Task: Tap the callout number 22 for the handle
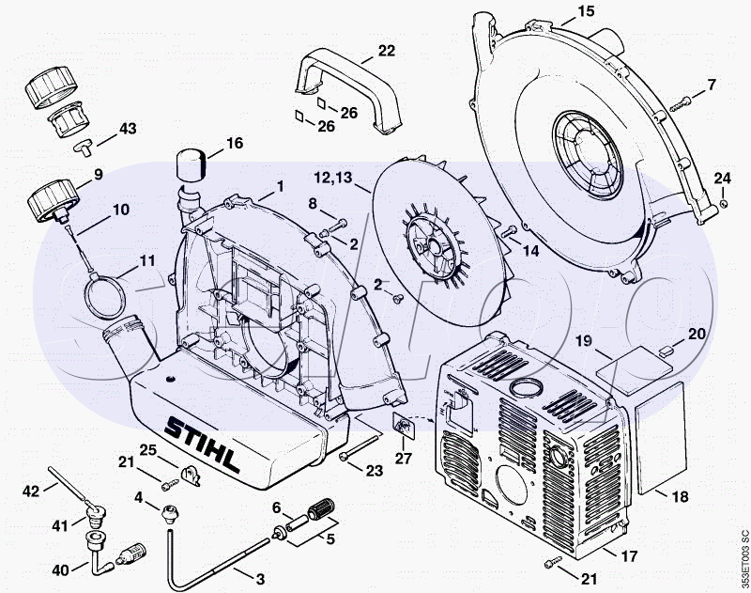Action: click(387, 50)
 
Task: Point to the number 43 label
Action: click(126, 128)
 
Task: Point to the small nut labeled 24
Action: click(724, 200)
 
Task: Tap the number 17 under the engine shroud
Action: click(626, 554)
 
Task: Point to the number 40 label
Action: click(61, 570)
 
